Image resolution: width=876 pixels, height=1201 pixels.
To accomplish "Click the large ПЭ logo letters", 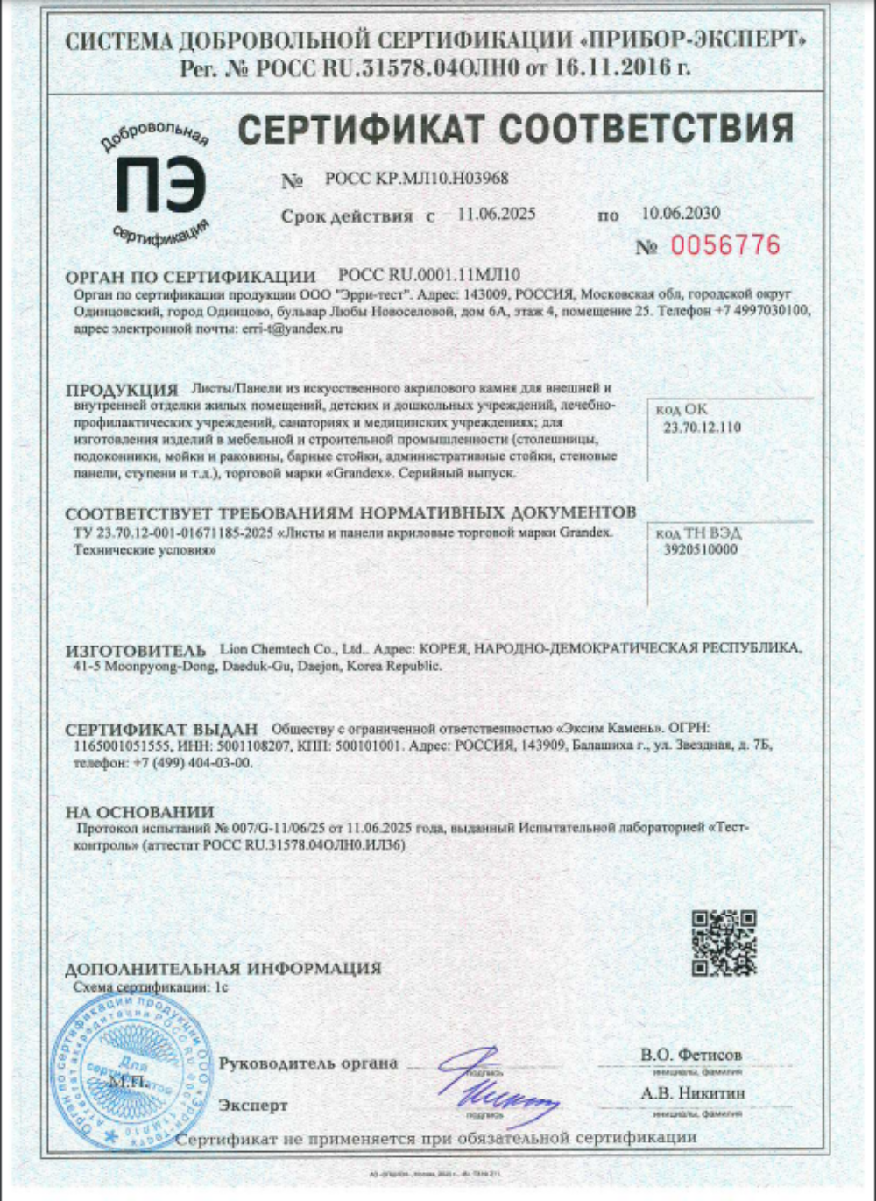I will (x=161, y=187).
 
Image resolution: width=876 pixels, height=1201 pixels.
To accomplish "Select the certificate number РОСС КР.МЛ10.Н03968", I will (x=416, y=179).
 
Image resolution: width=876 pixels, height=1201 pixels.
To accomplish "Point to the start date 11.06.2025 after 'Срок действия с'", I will (x=496, y=214).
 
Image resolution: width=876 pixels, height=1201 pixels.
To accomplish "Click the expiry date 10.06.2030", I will (x=680, y=213).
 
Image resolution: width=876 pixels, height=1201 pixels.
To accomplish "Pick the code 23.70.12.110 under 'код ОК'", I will (x=701, y=427).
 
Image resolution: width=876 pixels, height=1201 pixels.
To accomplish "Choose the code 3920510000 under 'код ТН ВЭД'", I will (x=700, y=550).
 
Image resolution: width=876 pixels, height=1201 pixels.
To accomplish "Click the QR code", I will (x=724, y=943).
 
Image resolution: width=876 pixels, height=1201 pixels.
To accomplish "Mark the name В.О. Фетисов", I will (x=690, y=1055).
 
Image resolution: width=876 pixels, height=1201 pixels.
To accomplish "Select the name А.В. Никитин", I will (x=692, y=1093).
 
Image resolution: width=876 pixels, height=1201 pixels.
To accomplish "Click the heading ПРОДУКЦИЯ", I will (x=122, y=391).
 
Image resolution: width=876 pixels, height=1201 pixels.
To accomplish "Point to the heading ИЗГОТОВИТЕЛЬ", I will (x=136, y=651).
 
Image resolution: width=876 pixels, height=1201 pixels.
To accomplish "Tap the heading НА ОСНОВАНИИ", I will (x=139, y=812).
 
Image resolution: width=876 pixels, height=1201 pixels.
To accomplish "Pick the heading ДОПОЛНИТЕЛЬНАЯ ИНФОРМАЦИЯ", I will (x=223, y=969).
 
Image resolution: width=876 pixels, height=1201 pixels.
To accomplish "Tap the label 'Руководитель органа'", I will (x=308, y=1063).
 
